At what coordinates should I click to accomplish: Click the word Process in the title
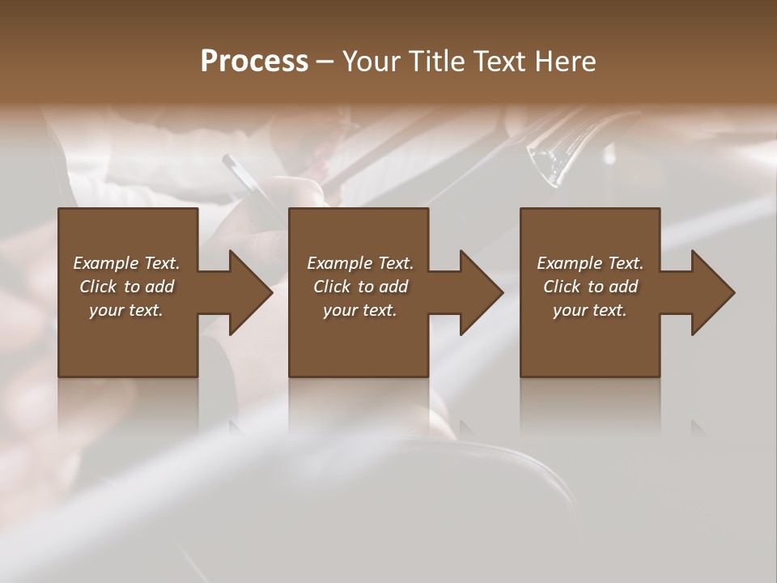click(254, 62)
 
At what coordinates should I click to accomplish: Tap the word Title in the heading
click(435, 62)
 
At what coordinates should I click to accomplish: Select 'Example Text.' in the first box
click(126, 263)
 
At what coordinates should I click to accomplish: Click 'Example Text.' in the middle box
click(360, 263)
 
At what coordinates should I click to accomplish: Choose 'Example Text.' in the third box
click(590, 263)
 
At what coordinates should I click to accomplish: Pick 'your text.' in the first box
click(126, 310)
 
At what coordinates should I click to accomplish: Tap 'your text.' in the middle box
click(360, 310)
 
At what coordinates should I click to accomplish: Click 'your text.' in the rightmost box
click(590, 310)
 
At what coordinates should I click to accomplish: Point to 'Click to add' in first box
click(126, 287)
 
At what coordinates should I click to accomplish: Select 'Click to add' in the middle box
click(360, 287)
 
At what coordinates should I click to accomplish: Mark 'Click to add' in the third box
click(590, 287)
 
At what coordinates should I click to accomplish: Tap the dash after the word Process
click(325, 62)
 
